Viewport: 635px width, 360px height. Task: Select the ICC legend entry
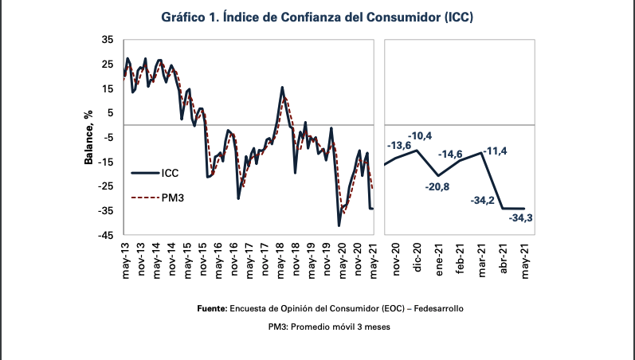pyautogui.click(x=155, y=174)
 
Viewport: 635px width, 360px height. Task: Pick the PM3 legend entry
pyautogui.click(x=158, y=198)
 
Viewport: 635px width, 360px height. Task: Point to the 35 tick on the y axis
pyautogui.click(x=108, y=40)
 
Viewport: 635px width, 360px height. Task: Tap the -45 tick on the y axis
pyautogui.click(x=105, y=235)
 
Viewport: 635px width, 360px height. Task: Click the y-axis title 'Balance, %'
pyautogui.click(x=88, y=138)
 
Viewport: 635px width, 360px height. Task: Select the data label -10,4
pyautogui.click(x=420, y=136)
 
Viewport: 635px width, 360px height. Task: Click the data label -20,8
pyautogui.click(x=437, y=187)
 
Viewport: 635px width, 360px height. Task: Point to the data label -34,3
pyautogui.click(x=520, y=218)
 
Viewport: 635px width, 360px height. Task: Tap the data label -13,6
pyautogui.click(x=399, y=146)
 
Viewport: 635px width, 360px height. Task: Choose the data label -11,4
pyautogui.click(x=495, y=151)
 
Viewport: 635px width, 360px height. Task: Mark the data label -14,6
pyautogui.click(x=450, y=155)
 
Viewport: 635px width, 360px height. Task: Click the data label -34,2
pyautogui.click(x=482, y=200)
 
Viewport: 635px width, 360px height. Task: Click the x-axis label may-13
pyautogui.click(x=126, y=260)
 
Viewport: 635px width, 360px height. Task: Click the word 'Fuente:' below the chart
pyautogui.click(x=212, y=308)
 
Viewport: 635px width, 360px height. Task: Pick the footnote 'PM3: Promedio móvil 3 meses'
pyautogui.click(x=329, y=327)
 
